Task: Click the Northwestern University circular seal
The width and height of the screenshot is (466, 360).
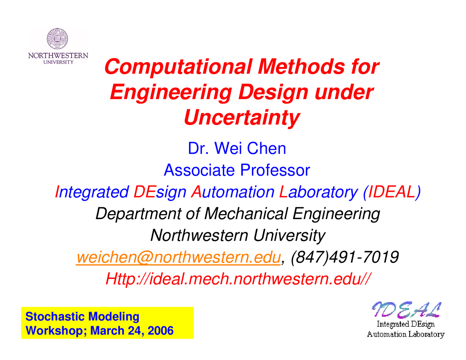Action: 58,39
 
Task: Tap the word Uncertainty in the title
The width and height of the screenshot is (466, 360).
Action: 241,118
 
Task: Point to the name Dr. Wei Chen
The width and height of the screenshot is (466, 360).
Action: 237,149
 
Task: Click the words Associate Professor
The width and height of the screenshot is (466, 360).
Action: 237,170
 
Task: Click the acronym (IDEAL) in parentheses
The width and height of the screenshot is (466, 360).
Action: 392,192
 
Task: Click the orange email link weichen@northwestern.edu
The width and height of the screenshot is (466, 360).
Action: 178,257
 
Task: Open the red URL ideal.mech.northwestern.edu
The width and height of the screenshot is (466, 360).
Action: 238,279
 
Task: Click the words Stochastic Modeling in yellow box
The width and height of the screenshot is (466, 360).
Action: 82,316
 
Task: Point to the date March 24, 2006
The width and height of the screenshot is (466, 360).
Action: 132,331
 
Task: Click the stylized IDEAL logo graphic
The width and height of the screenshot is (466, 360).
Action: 406,310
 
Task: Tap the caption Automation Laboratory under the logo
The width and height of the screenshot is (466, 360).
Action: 406,334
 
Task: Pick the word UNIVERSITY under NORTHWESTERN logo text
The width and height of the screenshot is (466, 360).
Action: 58,62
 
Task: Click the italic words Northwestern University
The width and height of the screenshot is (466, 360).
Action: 237,236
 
